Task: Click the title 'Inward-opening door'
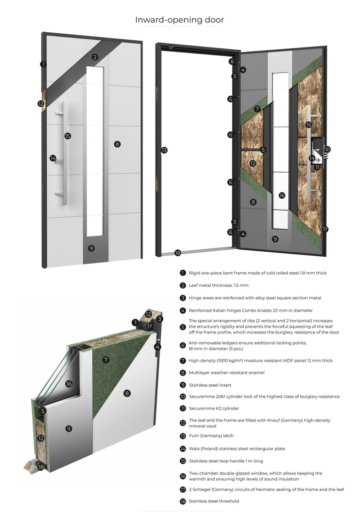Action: click(179, 20)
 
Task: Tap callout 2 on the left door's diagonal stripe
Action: click(95, 57)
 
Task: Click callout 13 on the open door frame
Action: click(164, 150)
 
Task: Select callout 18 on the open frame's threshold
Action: click(178, 252)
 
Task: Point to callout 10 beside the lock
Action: click(327, 149)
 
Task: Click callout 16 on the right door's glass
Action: click(282, 195)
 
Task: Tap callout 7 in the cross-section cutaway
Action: click(106, 360)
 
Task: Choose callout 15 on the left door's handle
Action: click(68, 136)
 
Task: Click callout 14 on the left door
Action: click(53, 158)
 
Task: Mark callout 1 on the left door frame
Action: click(43, 64)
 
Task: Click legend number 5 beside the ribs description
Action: click(183, 327)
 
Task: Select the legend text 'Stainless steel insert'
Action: click(210, 385)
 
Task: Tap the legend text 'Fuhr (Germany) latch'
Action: click(211, 436)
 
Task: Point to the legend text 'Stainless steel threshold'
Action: click(214, 501)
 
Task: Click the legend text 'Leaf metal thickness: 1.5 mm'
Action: click(219, 285)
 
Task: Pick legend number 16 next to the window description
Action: click(183, 476)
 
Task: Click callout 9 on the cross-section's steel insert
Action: click(69, 429)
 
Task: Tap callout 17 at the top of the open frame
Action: click(171, 48)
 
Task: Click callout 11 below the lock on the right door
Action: click(317, 167)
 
